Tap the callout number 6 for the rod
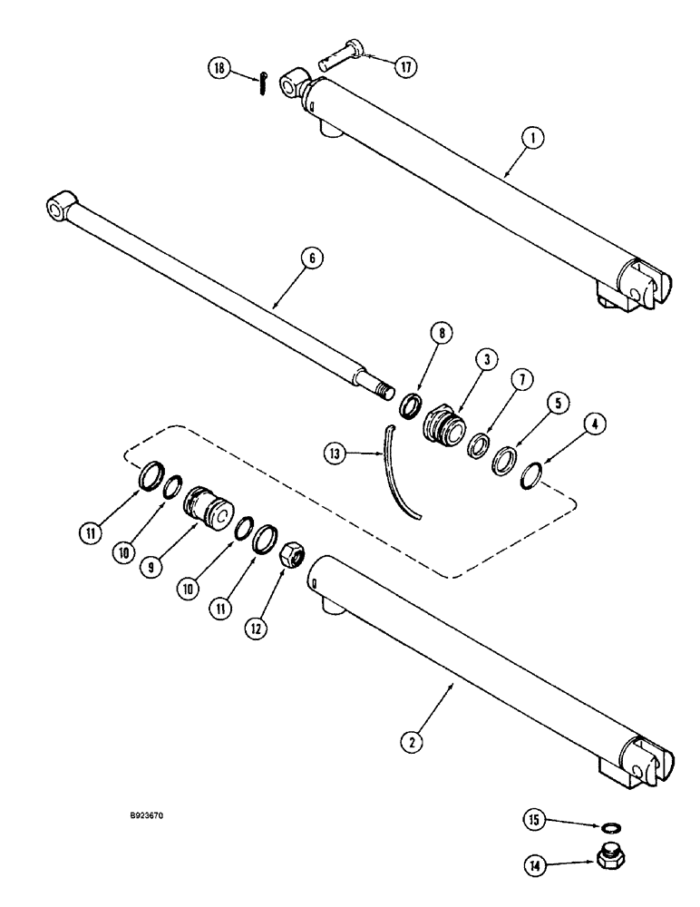pyautogui.click(x=311, y=258)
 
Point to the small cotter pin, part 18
pyautogui.click(x=259, y=81)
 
